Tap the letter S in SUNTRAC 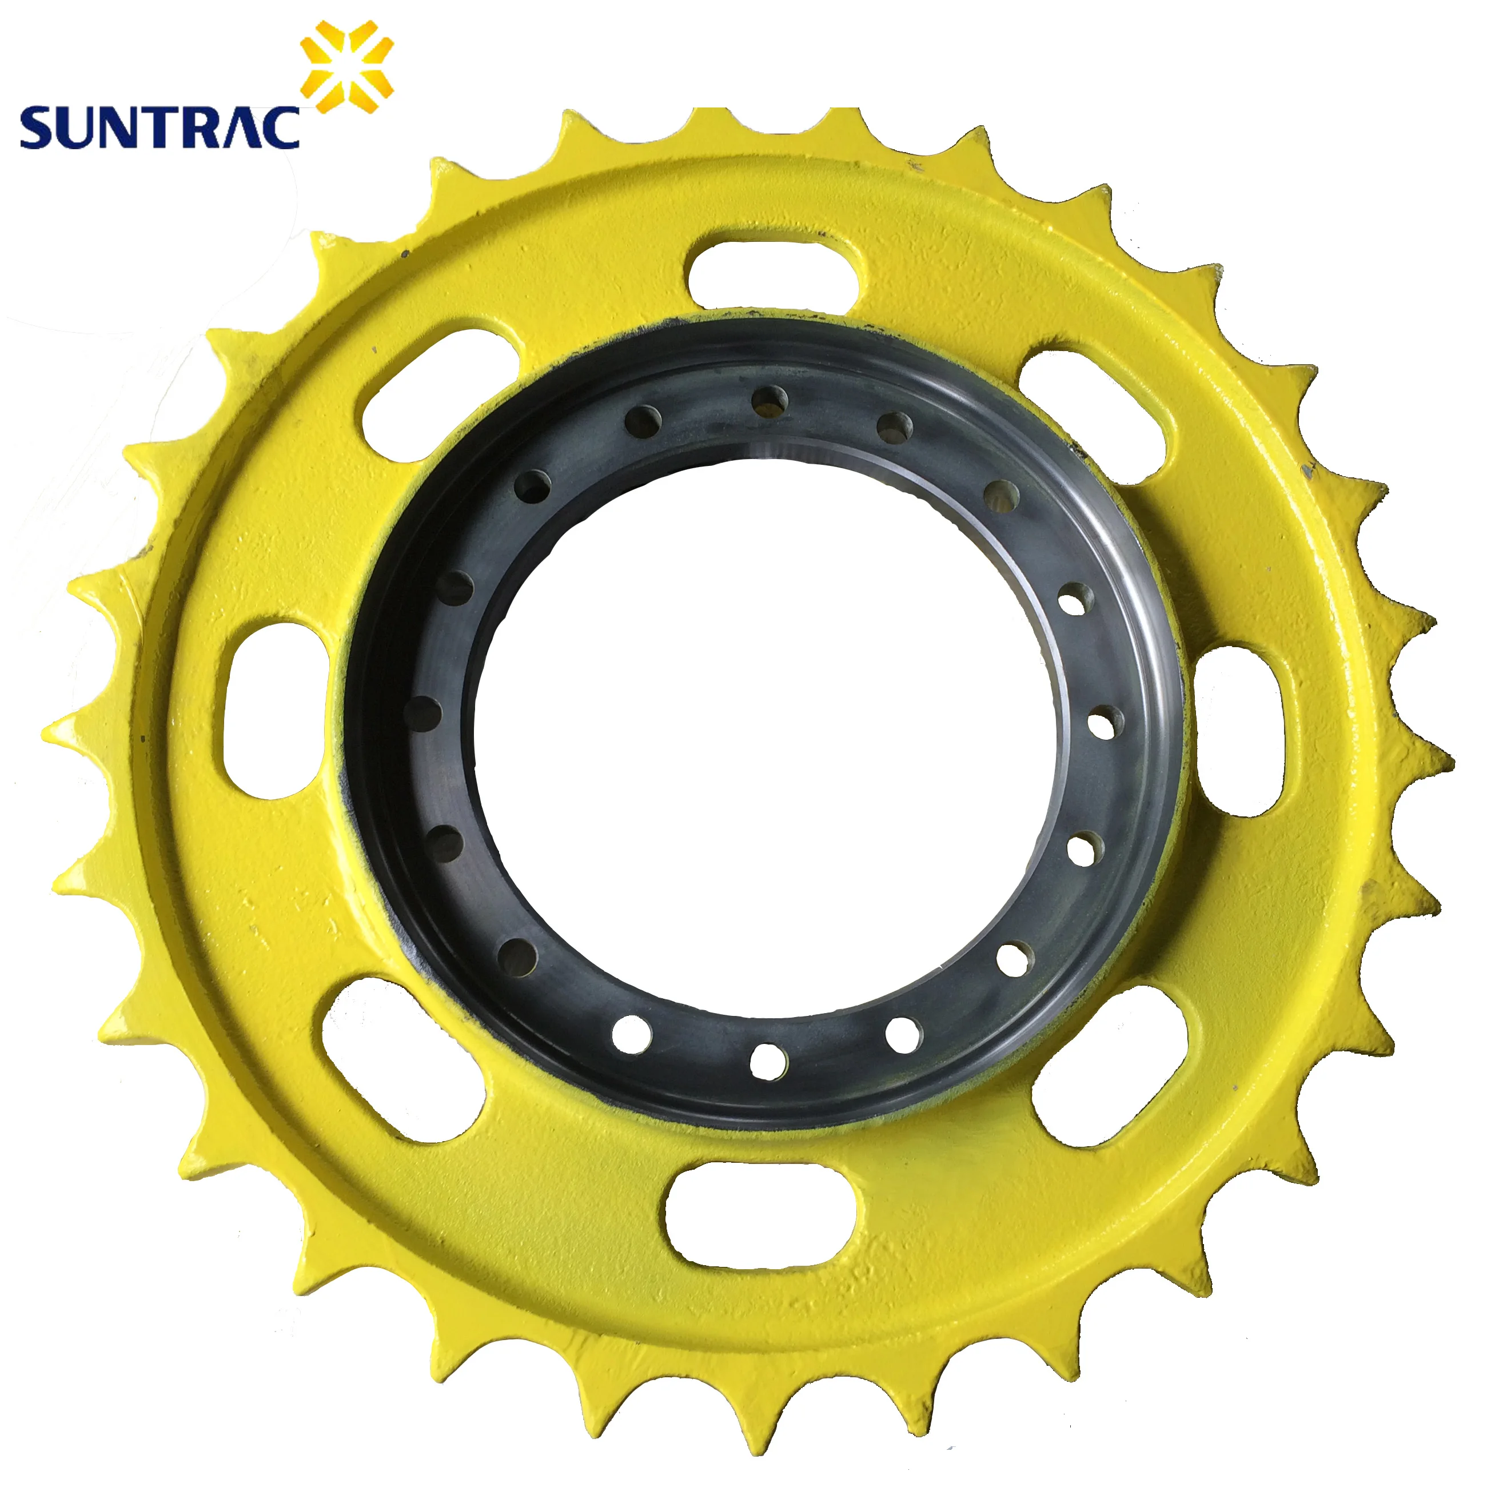(x=38, y=128)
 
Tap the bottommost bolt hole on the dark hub (x=768, y=1061)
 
